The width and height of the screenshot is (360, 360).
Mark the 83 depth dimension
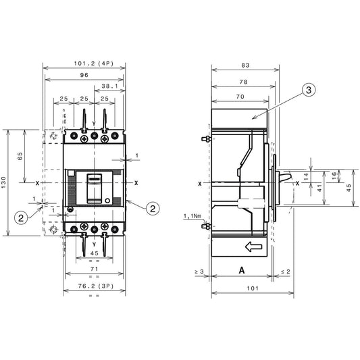click(245, 65)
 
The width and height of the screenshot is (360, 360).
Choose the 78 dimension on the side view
click(242, 82)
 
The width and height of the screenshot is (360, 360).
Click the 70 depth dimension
click(239, 97)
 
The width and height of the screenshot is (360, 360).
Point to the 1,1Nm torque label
click(191, 216)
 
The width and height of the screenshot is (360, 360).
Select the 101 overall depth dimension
click(252, 288)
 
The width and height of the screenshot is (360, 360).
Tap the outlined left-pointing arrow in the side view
click(253, 247)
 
